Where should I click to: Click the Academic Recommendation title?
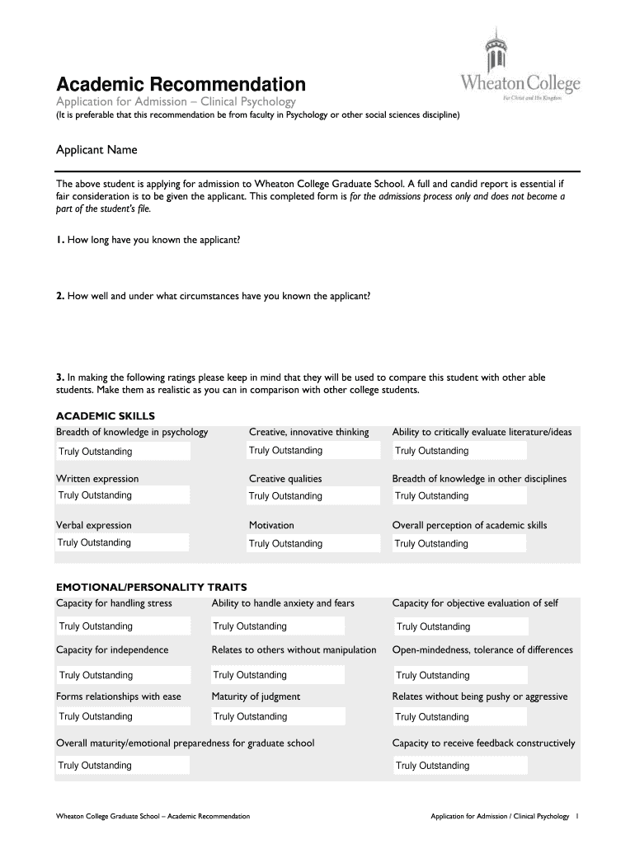[180, 84]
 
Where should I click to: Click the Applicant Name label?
[96, 150]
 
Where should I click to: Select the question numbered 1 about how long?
[148, 240]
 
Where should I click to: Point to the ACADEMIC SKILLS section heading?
[105, 415]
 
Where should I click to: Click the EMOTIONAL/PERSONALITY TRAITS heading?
[151, 587]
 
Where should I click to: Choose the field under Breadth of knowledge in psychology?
[123, 452]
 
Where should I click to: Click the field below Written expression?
[122, 495]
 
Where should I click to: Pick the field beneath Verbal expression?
[122, 542]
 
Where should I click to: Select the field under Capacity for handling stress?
[123, 626]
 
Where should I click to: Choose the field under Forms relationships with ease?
[123, 717]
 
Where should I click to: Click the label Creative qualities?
[285, 479]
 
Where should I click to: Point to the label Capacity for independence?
[112, 649]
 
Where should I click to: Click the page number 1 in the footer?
[578, 816]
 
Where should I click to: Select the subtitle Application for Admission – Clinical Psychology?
[175, 101]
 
